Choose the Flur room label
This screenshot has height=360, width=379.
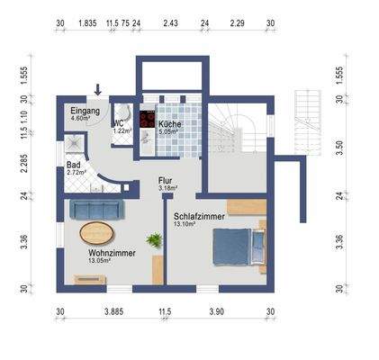[166, 180]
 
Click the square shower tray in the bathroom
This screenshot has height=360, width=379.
[73, 144]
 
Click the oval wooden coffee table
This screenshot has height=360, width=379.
[98, 232]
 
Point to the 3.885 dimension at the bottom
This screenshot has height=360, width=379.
[113, 310]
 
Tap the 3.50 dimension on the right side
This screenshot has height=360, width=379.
[338, 144]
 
